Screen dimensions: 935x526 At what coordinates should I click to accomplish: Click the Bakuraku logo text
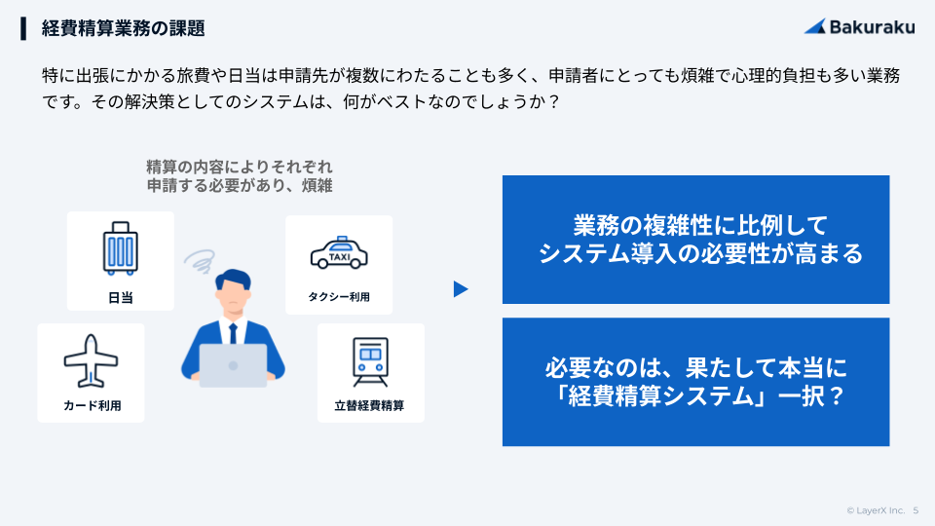[x=872, y=27]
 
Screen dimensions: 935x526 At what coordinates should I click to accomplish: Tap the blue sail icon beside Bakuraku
[x=815, y=26]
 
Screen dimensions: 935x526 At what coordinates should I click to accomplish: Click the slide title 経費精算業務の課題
[x=124, y=28]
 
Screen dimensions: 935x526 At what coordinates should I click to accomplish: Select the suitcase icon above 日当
[x=121, y=248]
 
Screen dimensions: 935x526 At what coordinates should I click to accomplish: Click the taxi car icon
[x=339, y=253]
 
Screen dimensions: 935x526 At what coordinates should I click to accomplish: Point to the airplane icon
[x=91, y=360]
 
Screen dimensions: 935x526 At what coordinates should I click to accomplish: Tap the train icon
[x=370, y=362]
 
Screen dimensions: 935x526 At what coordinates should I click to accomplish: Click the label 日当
[x=121, y=298]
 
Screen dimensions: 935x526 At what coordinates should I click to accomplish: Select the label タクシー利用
[x=339, y=297]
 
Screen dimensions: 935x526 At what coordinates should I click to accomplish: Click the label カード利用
[x=92, y=405]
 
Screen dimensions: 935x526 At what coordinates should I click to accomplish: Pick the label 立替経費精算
[x=370, y=405]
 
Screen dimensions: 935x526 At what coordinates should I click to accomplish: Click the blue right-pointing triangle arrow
[x=461, y=289]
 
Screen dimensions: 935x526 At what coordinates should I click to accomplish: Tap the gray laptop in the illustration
[x=233, y=365]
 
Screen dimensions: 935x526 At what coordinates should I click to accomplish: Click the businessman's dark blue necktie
[x=233, y=334]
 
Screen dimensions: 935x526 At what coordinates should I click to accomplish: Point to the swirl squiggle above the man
[x=200, y=260]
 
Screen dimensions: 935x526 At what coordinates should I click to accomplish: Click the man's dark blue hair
[x=234, y=279]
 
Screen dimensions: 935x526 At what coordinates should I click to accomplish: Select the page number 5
[x=916, y=510]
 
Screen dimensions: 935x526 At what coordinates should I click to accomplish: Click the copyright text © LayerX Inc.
[x=876, y=510]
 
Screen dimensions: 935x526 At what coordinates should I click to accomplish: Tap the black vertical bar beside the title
[x=23, y=28]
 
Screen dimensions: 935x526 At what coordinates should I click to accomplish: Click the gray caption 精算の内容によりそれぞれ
[x=240, y=167]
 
